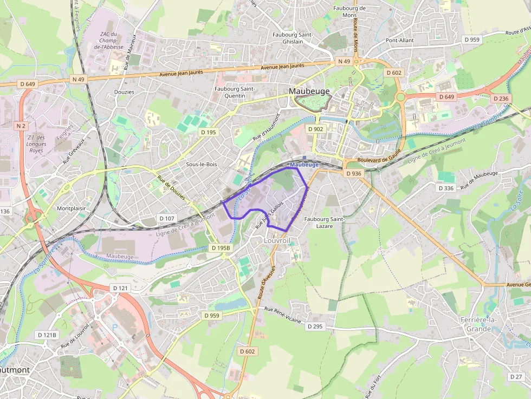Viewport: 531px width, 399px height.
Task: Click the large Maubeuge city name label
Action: click(x=309, y=91)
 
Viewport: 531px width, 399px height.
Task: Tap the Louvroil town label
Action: click(x=278, y=239)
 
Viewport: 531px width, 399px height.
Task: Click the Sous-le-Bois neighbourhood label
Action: click(x=202, y=163)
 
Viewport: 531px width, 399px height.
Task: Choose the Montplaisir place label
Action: click(x=71, y=208)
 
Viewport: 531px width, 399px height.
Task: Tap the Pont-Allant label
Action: click(x=399, y=40)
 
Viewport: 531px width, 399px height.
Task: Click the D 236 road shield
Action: click(x=502, y=99)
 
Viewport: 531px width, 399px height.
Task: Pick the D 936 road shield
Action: click(x=353, y=173)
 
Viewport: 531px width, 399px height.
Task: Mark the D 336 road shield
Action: click(x=445, y=188)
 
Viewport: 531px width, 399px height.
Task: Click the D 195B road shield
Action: click(x=221, y=248)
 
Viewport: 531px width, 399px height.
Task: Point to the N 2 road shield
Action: click(x=21, y=126)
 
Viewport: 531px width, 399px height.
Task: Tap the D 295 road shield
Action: click(x=315, y=326)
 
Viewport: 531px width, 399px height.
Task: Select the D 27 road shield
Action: click(x=516, y=376)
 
